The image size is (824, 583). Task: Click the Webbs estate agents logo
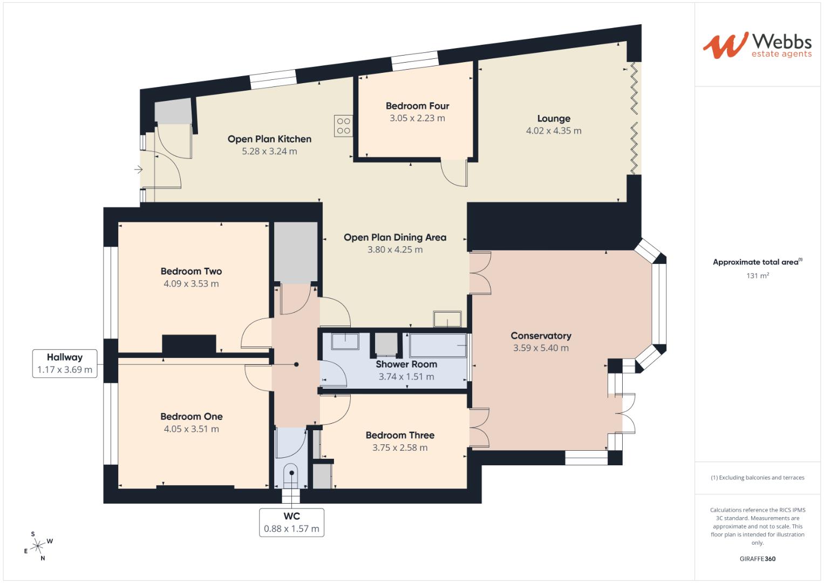coord(757,45)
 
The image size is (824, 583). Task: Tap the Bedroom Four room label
coord(417,106)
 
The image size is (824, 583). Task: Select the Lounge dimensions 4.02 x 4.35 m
coord(554,131)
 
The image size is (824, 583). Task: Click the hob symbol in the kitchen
coord(343,126)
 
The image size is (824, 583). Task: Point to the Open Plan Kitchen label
coord(269,139)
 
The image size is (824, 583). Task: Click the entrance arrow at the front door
coord(139,170)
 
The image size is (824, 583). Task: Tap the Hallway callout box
coord(65,363)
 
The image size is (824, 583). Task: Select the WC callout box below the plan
coord(291,522)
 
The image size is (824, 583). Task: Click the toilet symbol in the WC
coord(291,475)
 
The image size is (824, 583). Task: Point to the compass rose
coord(38,546)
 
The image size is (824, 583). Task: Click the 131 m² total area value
coord(757,275)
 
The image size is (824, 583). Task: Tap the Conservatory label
coord(541,335)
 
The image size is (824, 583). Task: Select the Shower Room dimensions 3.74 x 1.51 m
coord(406,377)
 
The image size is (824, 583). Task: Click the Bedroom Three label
coord(400,435)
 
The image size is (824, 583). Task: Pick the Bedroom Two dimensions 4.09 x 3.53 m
coord(191,283)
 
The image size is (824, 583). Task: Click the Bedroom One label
coord(191,416)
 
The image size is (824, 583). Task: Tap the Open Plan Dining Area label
coord(395,237)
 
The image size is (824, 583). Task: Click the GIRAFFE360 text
coord(757,559)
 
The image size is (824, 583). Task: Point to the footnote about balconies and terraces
coord(757,478)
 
